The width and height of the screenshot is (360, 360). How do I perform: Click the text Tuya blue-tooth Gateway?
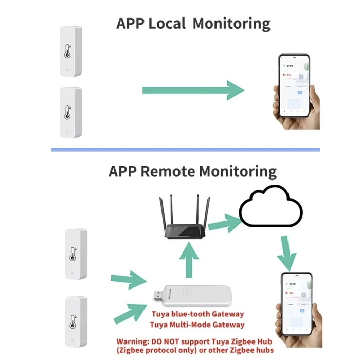click(x=197, y=314)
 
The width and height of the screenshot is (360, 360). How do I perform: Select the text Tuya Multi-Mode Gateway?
click(x=197, y=325)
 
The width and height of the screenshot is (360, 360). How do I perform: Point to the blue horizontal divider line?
click(x=185, y=150)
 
